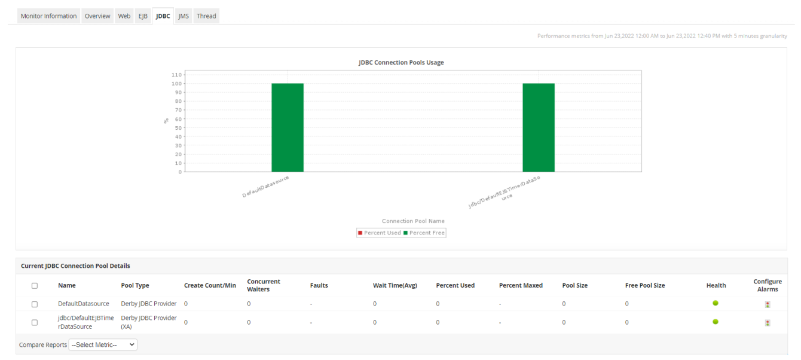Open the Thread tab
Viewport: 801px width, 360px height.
point(206,16)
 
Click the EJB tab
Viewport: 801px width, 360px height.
point(143,16)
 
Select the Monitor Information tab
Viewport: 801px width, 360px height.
point(48,16)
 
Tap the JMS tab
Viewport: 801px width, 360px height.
point(184,16)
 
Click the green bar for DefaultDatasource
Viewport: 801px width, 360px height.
point(288,127)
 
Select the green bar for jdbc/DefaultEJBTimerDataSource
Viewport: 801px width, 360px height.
point(539,127)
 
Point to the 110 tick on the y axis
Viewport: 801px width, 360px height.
point(176,75)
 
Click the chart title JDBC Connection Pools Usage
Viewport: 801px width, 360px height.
point(401,62)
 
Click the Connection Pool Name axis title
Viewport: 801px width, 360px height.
point(413,221)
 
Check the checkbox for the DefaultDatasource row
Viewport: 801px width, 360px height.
point(35,304)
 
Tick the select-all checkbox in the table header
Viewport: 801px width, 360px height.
point(35,286)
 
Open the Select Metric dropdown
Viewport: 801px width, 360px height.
point(103,345)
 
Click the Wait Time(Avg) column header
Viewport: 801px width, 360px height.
point(395,286)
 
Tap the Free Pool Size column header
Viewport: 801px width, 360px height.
point(645,286)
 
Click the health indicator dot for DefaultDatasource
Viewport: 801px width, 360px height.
point(716,303)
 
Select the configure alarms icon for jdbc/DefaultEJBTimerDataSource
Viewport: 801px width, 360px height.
point(768,323)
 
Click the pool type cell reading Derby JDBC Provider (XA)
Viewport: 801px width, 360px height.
point(148,322)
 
